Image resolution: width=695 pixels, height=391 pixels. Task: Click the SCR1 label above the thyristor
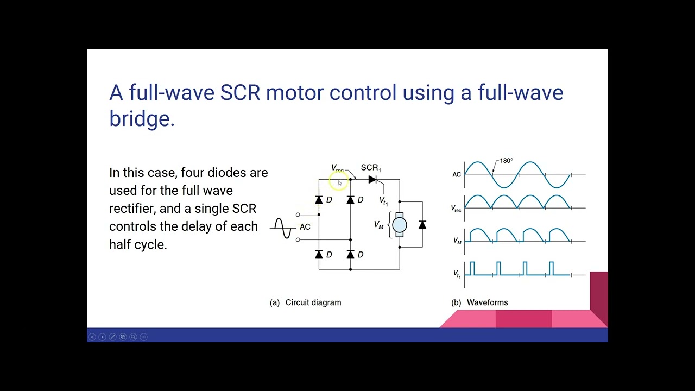371,168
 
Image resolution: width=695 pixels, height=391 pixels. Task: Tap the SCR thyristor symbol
373,180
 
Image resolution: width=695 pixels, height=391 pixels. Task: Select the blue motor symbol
399,225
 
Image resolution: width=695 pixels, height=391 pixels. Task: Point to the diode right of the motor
422,225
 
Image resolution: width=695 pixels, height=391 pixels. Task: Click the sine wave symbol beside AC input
282,228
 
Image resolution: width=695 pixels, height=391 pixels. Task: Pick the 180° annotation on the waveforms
506,161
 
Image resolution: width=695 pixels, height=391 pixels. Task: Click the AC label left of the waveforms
457,174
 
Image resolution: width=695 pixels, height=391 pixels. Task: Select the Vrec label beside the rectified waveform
456,209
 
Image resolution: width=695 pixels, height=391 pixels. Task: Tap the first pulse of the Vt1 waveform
472,268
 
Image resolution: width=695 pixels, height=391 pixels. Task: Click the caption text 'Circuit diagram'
313,302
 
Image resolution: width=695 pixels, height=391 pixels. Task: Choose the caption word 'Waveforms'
487,302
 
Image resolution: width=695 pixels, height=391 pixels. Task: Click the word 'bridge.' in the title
142,118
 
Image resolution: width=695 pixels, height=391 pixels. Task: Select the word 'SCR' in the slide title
240,93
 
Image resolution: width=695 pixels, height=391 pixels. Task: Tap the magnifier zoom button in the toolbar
133,337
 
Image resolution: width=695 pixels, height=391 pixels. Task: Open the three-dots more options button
143,337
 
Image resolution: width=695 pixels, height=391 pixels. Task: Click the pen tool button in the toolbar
112,337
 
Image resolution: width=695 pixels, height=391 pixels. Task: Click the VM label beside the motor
379,225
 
